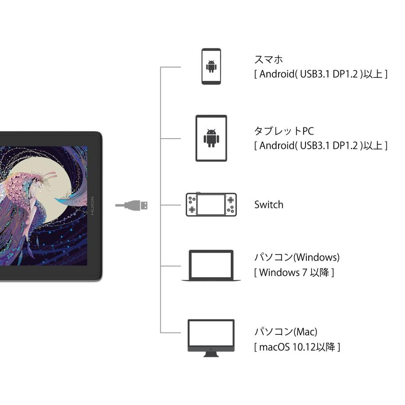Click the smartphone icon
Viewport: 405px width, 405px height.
tap(211, 66)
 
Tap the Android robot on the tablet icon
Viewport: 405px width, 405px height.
tap(211, 138)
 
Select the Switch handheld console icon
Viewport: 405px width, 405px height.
tap(211, 205)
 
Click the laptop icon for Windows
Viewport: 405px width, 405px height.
tap(211, 265)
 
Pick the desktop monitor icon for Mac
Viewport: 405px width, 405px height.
tap(211, 337)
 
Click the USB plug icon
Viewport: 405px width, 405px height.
tap(132, 205)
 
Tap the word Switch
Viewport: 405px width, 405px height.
tap(269, 205)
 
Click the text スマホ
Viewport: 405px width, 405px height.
tap(269, 59)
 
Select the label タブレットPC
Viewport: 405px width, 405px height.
tap(284, 131)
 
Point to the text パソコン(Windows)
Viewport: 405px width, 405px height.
tap(297, 257)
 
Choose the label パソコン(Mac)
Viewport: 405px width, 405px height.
tap(286, 332)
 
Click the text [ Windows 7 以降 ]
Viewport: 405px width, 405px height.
tap(294, 272)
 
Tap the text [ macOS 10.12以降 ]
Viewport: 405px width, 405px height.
tap(297, 347)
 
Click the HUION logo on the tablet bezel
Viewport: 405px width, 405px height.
tap(92, 205)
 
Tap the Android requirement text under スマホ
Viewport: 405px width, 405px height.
tap(321, 74)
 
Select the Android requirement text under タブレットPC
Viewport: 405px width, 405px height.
tap(321, 145)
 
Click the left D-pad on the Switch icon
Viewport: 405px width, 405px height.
tap(192, 209)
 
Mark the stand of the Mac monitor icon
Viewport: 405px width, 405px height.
tap(211, 354)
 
